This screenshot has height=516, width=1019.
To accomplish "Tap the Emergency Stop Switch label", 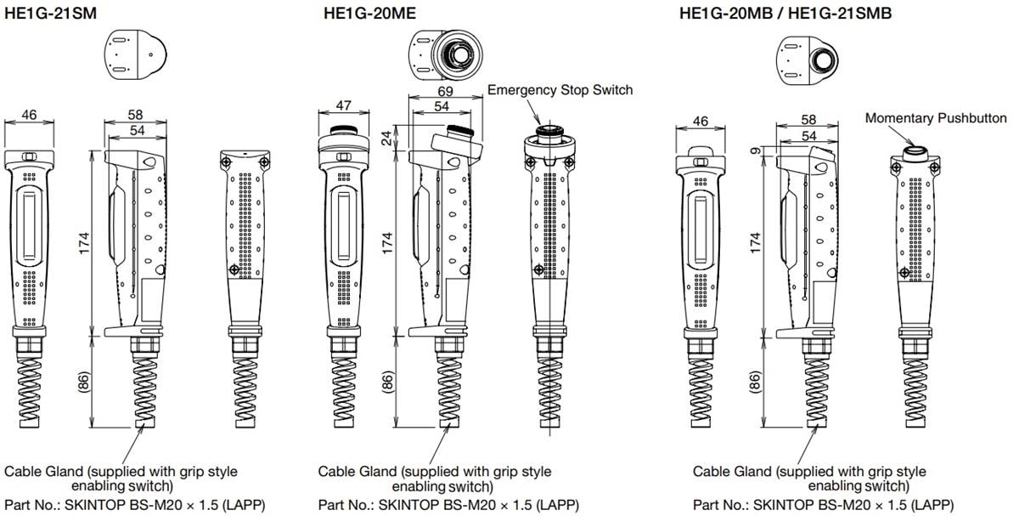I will [x=560, y=89].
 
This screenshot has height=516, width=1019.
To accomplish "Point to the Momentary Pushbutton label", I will [x=936, y=118].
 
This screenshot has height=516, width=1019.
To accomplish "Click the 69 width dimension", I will [x=445, y=91].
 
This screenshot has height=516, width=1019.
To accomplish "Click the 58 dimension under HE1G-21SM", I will [x=135, y=115].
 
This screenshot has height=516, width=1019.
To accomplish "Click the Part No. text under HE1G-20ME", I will [x=448, y=504].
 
